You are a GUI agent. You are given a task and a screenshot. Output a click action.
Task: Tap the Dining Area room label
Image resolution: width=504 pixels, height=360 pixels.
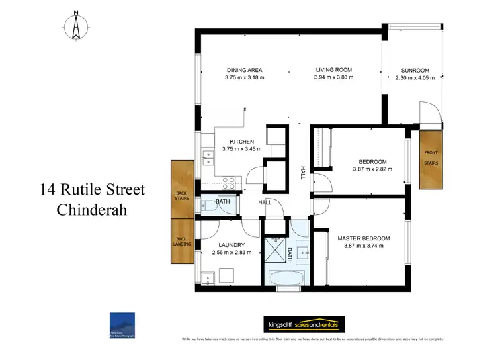point(245,70)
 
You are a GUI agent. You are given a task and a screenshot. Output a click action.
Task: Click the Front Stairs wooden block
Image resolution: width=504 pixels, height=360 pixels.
point(430,159)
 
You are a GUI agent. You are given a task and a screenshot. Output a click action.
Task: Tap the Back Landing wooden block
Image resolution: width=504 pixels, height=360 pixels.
point(181,240)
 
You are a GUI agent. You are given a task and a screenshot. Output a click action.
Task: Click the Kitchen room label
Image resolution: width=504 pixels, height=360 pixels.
point(242,142)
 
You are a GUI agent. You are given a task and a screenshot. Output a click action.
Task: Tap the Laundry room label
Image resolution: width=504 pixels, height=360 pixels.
point(231,245)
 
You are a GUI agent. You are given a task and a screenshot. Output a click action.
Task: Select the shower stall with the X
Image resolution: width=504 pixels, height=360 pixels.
point(274,251)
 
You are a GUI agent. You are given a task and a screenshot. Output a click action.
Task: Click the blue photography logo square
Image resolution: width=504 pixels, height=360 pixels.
point(122,323)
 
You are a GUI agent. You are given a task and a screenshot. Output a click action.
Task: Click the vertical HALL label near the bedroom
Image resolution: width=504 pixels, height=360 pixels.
point(303,173)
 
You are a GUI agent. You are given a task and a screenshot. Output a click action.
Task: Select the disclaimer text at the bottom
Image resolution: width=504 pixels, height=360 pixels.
point(313,340)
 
